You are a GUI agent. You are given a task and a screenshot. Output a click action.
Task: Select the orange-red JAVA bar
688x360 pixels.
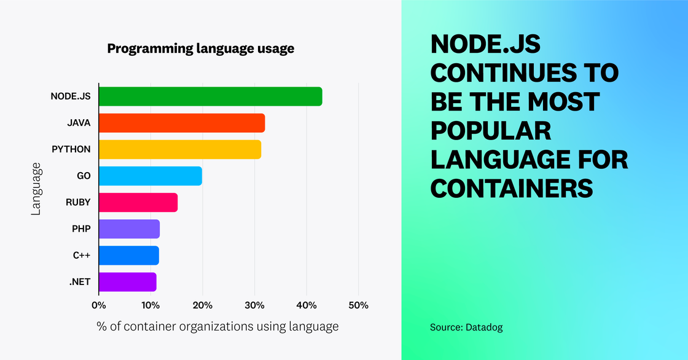coord(182,123)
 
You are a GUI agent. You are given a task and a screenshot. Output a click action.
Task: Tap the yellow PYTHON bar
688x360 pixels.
coord(180,149)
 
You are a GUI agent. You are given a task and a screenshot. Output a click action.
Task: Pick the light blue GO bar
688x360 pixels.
coord(150,176)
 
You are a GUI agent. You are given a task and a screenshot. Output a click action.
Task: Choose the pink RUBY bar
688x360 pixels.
coord(138,202)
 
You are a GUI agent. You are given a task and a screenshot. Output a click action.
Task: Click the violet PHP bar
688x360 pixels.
coord(129,229)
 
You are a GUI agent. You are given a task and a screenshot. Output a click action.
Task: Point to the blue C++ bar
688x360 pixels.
coord(128,255)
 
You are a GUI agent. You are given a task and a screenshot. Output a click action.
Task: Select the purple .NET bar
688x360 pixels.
coord(127,281)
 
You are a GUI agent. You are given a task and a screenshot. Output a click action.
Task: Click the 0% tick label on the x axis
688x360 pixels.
coord(98,305)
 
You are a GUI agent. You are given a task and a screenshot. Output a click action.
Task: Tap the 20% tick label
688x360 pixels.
coord(203,305)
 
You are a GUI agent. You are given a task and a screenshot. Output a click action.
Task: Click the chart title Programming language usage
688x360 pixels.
coord(201,49)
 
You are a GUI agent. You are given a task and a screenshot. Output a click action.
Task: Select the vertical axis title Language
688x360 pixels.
coord(36,189)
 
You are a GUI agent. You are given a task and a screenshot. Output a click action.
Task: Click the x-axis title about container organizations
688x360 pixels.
coord(217,326)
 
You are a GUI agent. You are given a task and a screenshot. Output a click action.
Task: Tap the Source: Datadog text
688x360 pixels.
coord(466,327)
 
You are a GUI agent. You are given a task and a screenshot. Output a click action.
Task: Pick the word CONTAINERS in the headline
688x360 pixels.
coord(512,187)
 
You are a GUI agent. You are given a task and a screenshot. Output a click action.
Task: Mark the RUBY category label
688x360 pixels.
coord(78,202)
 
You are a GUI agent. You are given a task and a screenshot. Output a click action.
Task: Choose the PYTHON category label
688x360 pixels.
coord(71,149)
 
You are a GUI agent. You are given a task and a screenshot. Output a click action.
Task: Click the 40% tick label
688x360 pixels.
coord(307,305)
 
